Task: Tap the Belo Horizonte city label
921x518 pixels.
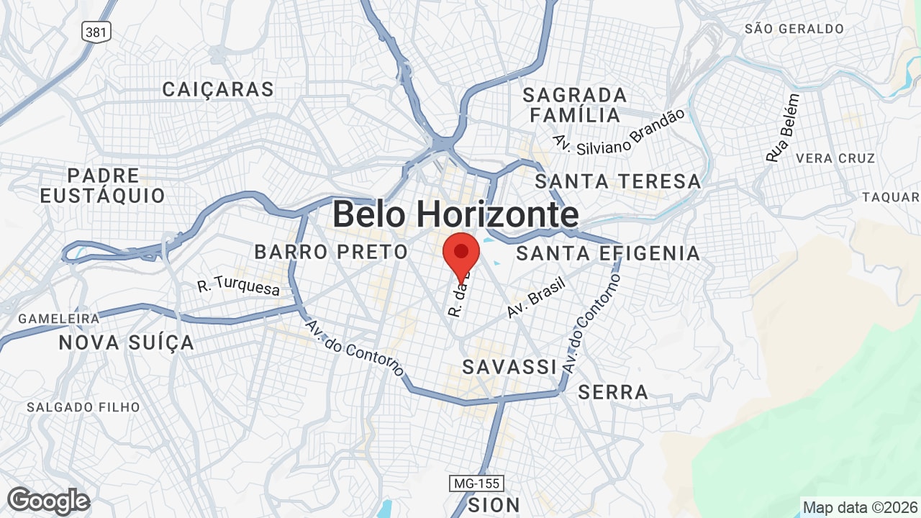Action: pos(455,214)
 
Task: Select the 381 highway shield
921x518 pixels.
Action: pos(96,31)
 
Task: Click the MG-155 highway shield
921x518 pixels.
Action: pos(476,483)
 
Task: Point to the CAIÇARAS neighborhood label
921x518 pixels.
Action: pos(218,89)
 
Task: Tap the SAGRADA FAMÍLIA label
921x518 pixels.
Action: pos(574,105)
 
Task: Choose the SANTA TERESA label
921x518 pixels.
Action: pos(617,181)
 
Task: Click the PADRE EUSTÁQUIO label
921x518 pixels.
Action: pos(102,186)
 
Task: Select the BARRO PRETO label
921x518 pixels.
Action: pos(331,253)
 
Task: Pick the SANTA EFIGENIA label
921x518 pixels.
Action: pos(608,253)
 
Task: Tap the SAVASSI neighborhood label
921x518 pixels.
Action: pos(509,367)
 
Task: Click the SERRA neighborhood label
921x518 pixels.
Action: pos(613,392)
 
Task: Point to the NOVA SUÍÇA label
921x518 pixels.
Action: pos(127,342)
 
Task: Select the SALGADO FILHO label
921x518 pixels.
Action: pos(83,407)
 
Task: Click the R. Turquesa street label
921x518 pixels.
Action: pos(238,286)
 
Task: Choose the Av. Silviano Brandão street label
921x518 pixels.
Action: pos(619,131)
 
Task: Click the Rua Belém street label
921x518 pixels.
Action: pos(783,128)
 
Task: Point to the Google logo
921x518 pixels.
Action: pos(48,501)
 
